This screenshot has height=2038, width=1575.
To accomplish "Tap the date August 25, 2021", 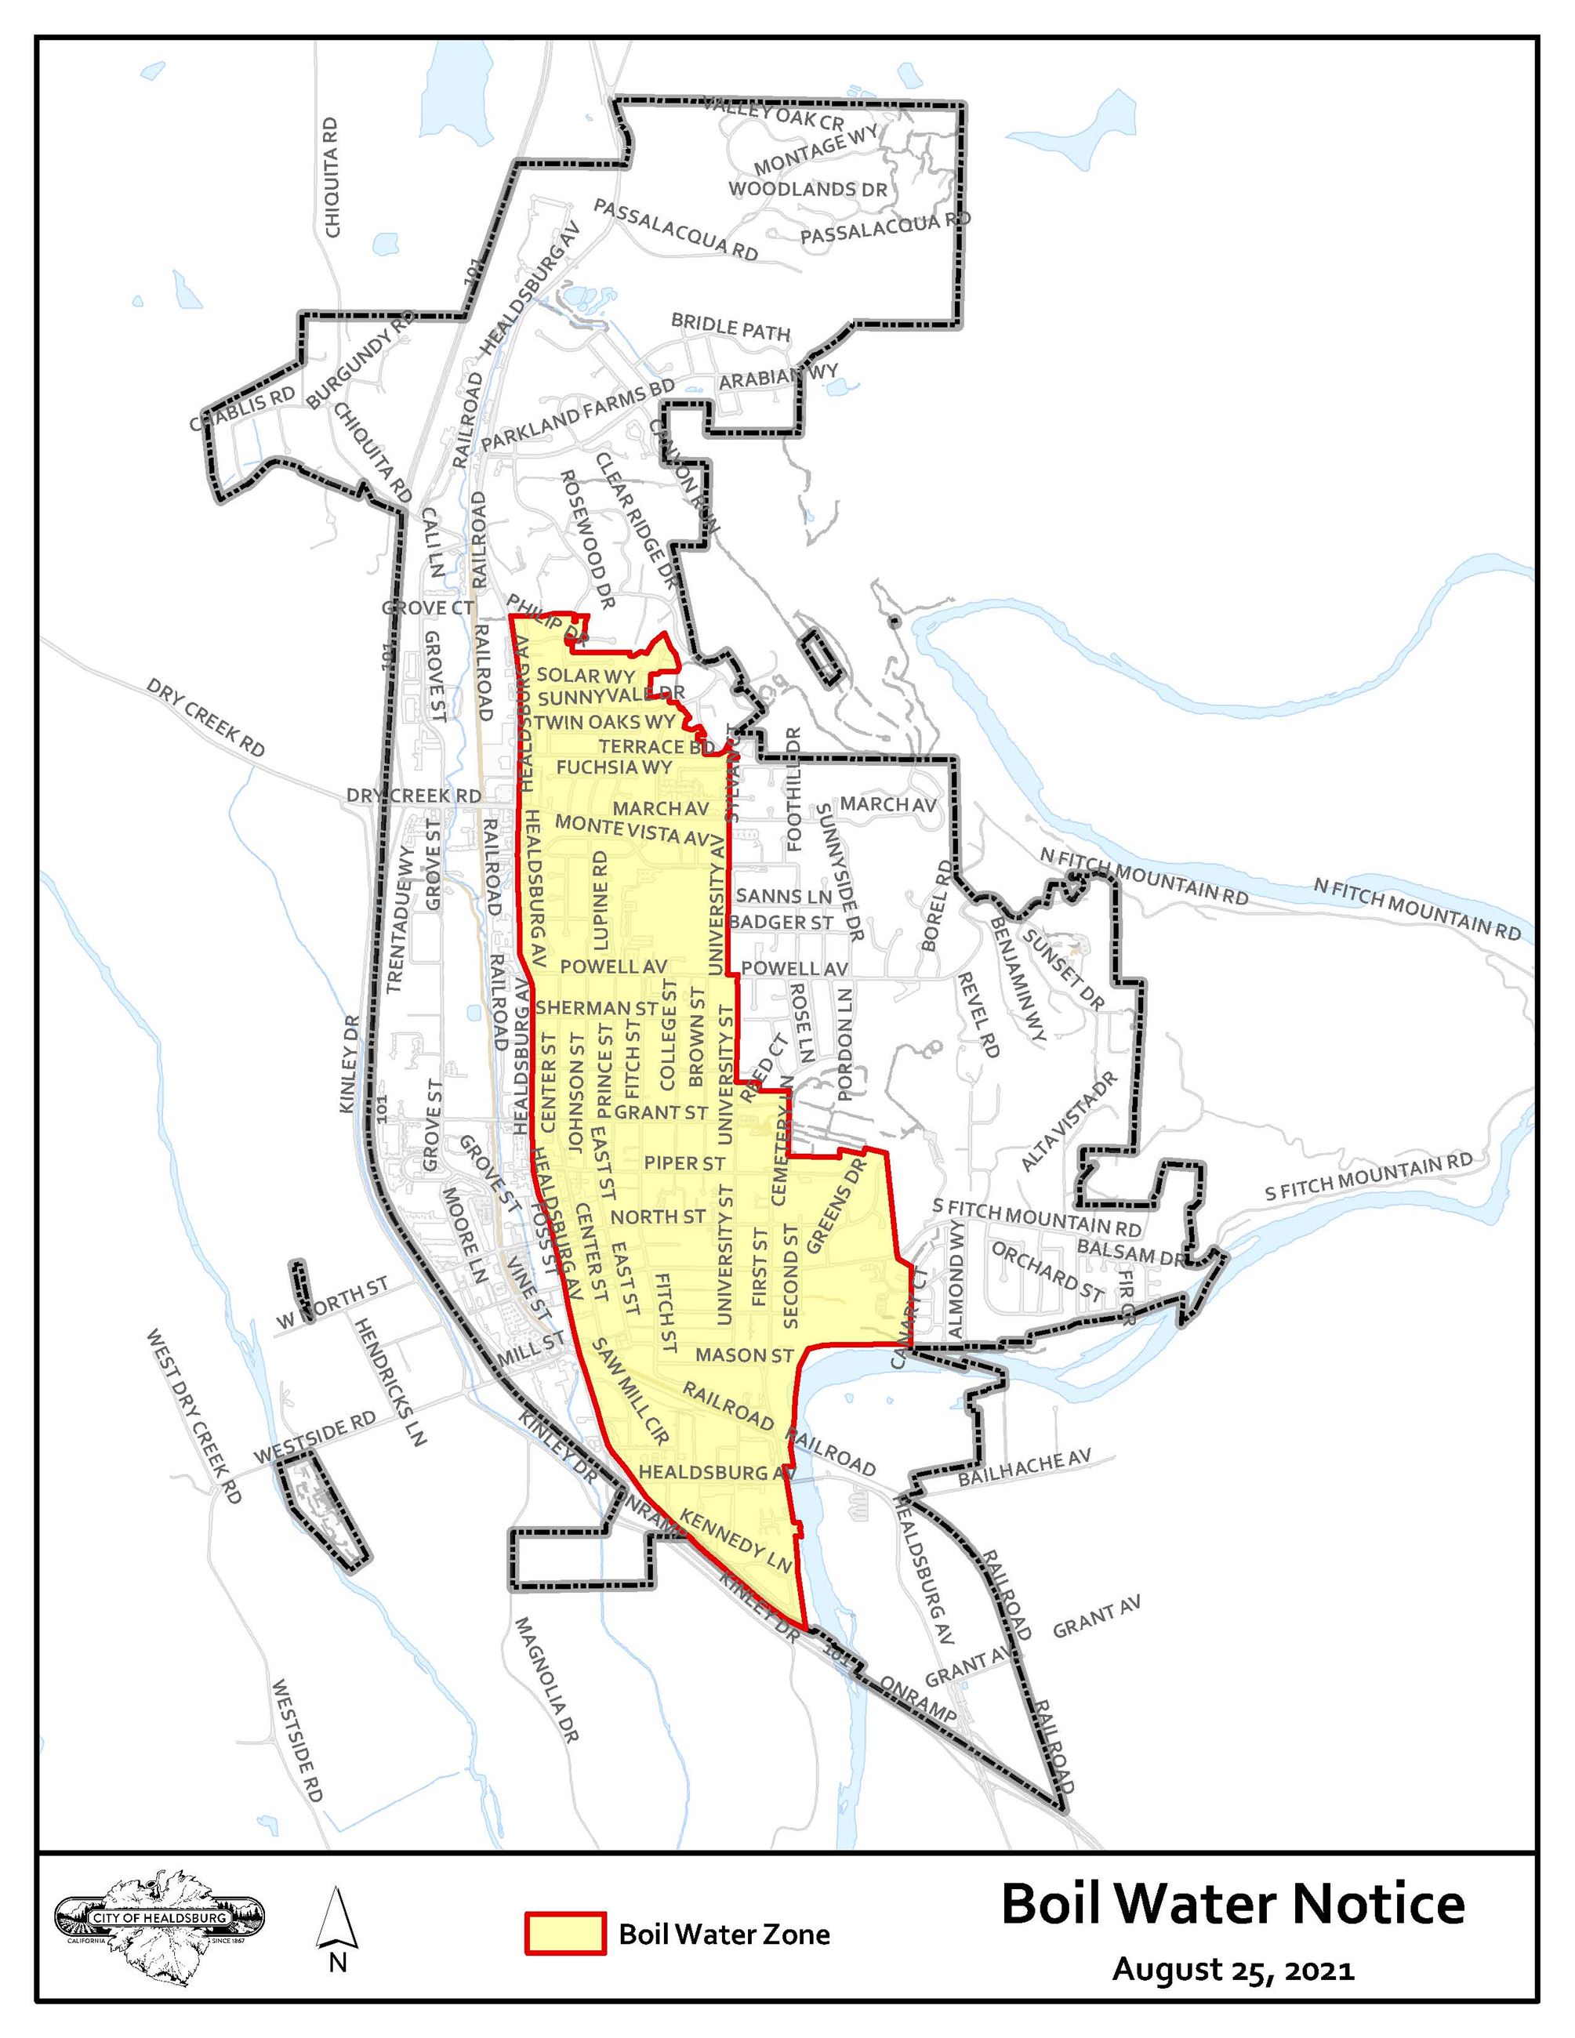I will (1232, 1970).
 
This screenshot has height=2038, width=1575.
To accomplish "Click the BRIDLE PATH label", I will (731, 328).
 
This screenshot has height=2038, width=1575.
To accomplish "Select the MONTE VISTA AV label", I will (633, 829).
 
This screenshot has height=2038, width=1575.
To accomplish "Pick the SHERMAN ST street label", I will (597, 1008).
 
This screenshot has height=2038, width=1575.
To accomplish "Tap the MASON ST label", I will (745, 1354).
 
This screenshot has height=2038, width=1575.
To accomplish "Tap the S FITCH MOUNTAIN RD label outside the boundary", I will (1369, 1177).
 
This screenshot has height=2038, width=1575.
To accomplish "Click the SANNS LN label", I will (784, 896).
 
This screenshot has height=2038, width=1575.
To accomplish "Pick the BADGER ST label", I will (781, 922).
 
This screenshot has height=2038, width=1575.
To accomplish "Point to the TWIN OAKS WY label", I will (604, 722).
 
